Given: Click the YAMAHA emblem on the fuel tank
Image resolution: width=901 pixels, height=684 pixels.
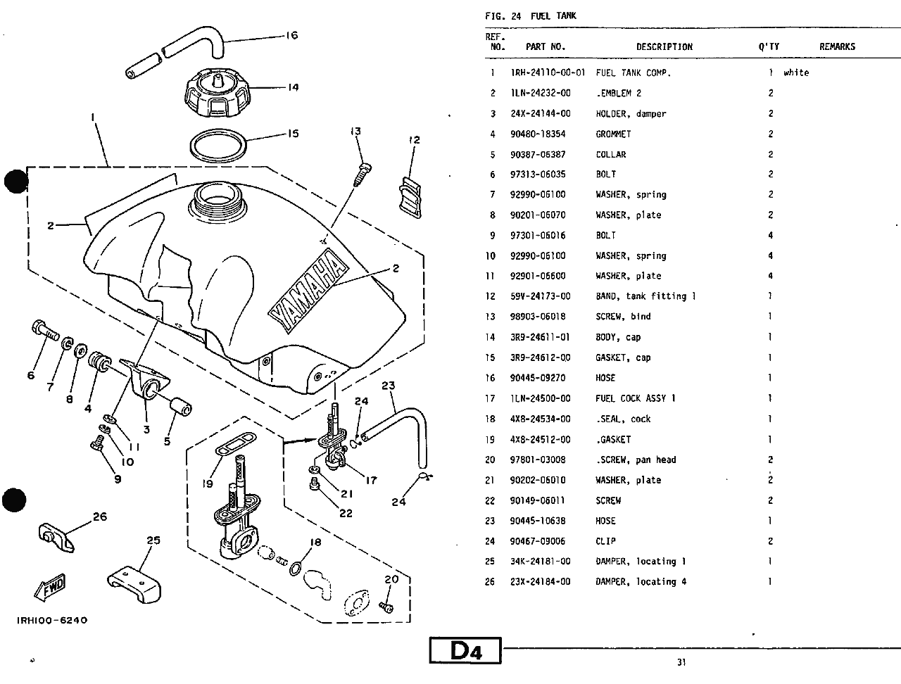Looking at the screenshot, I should (308, 293).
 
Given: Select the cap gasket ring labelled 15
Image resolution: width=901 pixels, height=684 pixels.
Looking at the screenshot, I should (218, 144).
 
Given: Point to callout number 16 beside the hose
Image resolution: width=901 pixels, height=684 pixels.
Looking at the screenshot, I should (291, 35).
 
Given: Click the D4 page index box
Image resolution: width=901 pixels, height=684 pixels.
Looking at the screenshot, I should (465, 650).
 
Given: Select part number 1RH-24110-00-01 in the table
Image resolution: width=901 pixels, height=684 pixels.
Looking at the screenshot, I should (548, 72).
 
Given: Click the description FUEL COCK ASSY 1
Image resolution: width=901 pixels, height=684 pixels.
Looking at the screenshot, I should (635, 398).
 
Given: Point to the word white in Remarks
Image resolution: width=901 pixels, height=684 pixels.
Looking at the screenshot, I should (796, 72).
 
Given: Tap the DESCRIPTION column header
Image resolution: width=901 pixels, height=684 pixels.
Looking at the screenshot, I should (664, 47).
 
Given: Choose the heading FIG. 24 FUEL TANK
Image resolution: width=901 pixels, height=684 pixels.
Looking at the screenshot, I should (530, 15).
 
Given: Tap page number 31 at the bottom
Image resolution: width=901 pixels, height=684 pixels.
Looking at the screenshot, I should (681, 661).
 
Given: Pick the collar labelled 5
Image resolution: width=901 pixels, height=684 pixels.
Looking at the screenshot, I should (181, 407).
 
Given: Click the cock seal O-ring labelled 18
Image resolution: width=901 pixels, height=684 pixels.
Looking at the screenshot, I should (298, 566).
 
